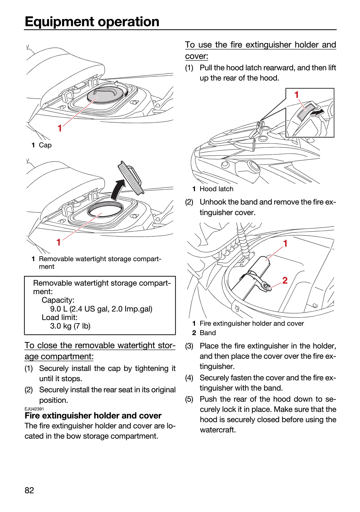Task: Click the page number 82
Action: click(29, 490)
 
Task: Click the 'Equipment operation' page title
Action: click(92, 22)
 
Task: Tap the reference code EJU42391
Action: click(34, 409)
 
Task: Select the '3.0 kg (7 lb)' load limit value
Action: click(70, 326)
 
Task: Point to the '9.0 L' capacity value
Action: click(59, 309)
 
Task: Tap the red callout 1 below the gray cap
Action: click(60, 128)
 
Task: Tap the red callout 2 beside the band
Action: click(285, 280)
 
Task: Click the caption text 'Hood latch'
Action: click(216, 189)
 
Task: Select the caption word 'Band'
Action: click(208, 333)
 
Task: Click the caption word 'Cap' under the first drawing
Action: click(45, 145)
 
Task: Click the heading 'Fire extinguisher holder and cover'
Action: click(93, 416)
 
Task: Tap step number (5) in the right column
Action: click(189, 399)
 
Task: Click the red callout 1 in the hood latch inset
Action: click(297, 95)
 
